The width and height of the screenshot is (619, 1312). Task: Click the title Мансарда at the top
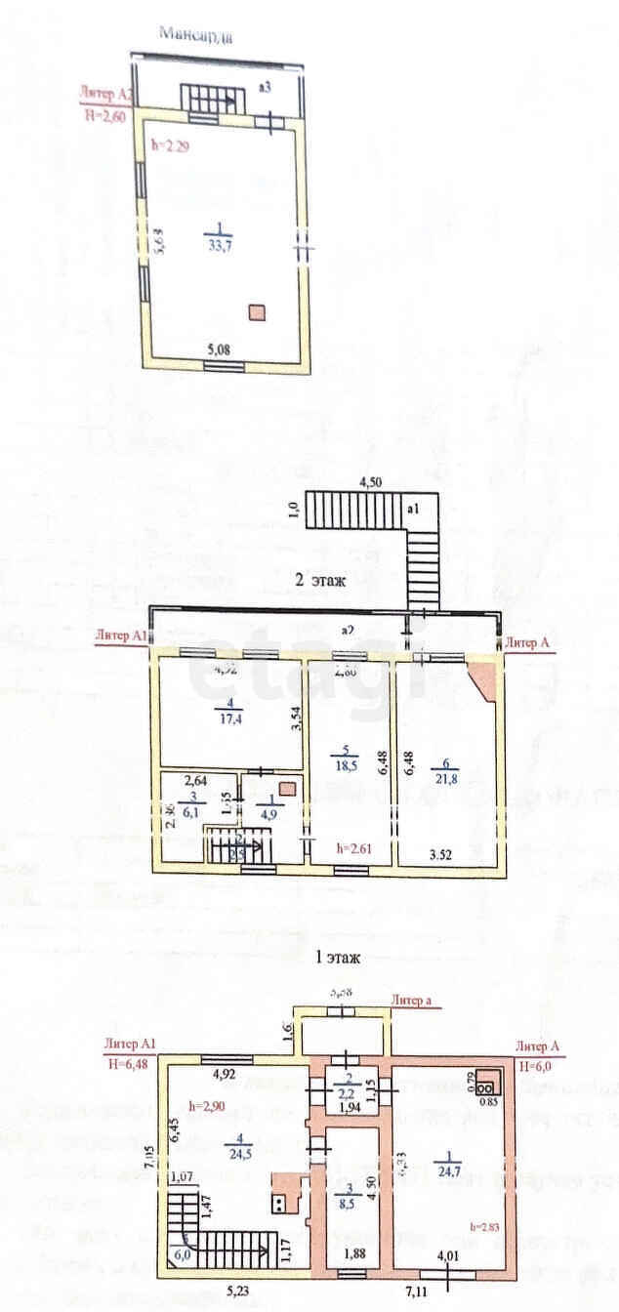[x=195, y=36]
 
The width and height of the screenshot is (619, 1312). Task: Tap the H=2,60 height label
[x=105, y=113]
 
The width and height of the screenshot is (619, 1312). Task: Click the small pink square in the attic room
[x=256, y=312]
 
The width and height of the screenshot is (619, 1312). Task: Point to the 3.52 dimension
[x=445, y=856]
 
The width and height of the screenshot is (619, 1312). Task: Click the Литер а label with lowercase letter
[x=413, y=1000]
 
